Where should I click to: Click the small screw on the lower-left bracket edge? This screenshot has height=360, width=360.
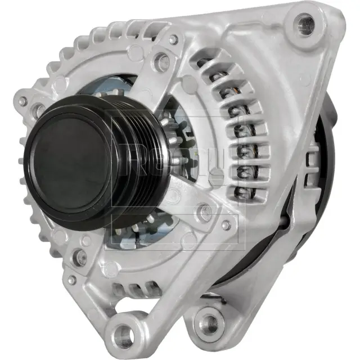(71, 280)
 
